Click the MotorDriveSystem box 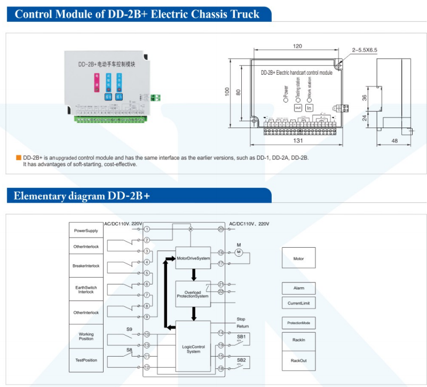[x=193, y=258]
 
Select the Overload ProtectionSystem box [x=193, y=294]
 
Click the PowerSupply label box [x=86, y=231]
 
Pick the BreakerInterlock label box [x=86, y=266]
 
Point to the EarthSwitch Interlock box [x=86, y=290]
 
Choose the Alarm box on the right [x=298, y=288]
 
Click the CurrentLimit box [x=298, y=303]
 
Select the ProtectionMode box [x=298, y=323]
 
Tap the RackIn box [x=298, y=339]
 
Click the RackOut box [x=298, y=360]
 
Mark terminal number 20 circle [x=220, y=229]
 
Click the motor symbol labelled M [x=239, y=252]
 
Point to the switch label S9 [x=129, y=329]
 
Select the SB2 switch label [x=241, y=360]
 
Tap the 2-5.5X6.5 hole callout [x=364, y=50]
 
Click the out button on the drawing [x=298, y=108]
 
